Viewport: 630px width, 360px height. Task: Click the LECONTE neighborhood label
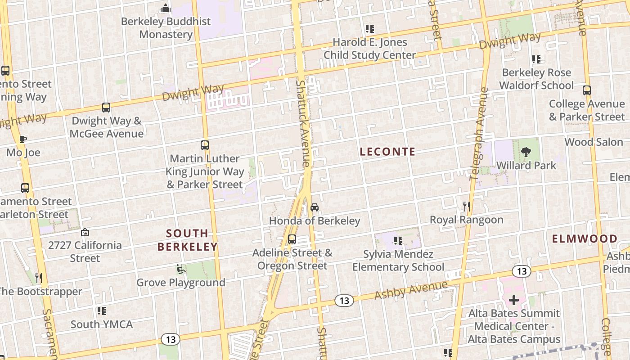coord(387,152)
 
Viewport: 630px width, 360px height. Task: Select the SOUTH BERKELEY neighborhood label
coord(187,240)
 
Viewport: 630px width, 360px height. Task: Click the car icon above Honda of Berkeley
coord(315,207)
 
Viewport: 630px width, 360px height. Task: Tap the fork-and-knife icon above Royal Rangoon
coord(467,207)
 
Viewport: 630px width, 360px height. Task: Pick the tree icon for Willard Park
coord(526,152)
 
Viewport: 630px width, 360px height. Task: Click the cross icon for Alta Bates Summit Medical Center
coord(514,300)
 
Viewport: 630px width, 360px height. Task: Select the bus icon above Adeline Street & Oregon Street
coord(292,239)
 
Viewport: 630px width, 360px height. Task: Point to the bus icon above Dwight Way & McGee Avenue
coord(106,108)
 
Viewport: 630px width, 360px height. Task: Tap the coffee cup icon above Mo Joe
coord(23,139)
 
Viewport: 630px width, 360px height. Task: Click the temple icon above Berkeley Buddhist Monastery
coord(166,8)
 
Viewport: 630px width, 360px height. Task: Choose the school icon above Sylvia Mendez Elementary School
coord(398,241)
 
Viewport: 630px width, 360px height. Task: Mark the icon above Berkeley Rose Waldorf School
coord(536,59)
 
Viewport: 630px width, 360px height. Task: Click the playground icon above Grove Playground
coord(180,269)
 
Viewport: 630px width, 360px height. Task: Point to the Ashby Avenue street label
coord(411,290)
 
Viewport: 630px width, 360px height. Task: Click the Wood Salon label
coord(594,142)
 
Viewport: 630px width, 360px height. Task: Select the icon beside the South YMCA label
coord(102,310)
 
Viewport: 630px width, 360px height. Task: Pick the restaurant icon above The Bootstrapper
coord(39,278)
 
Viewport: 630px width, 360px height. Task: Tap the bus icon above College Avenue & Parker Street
coord(586,90)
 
